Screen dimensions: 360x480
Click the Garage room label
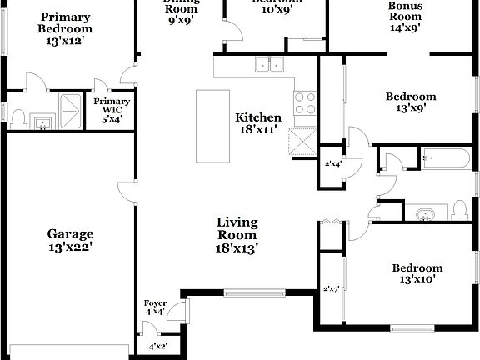click(70, 240)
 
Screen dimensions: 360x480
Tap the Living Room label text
click(237, 234)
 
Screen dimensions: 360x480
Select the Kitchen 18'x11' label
click(258, 123)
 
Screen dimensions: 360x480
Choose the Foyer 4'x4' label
click(155, 307)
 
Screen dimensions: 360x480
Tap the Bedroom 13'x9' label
click(410, 102)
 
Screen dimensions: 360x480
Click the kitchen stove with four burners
click(305, 102)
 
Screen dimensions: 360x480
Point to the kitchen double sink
click(269, 64)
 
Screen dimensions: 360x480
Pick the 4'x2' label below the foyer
click(158, 346)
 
